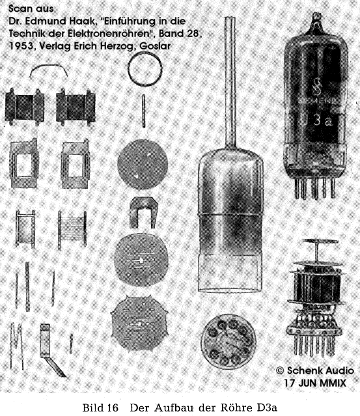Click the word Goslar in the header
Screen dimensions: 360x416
pos(155,46)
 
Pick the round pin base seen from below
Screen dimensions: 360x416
pos(228,342)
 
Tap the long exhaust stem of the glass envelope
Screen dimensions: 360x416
pos(230,82)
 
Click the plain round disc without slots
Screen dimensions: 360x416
pos(143,164)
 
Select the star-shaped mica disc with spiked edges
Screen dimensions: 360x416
pos(139,324)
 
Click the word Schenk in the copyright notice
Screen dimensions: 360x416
pos(305,370)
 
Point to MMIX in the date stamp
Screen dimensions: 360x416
pos(333,383)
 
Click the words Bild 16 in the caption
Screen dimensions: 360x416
pos(100,408)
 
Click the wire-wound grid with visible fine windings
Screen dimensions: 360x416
pos(72,230)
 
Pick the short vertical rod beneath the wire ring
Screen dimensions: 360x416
pos(143,111)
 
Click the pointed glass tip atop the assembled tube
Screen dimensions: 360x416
pos(316,18)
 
